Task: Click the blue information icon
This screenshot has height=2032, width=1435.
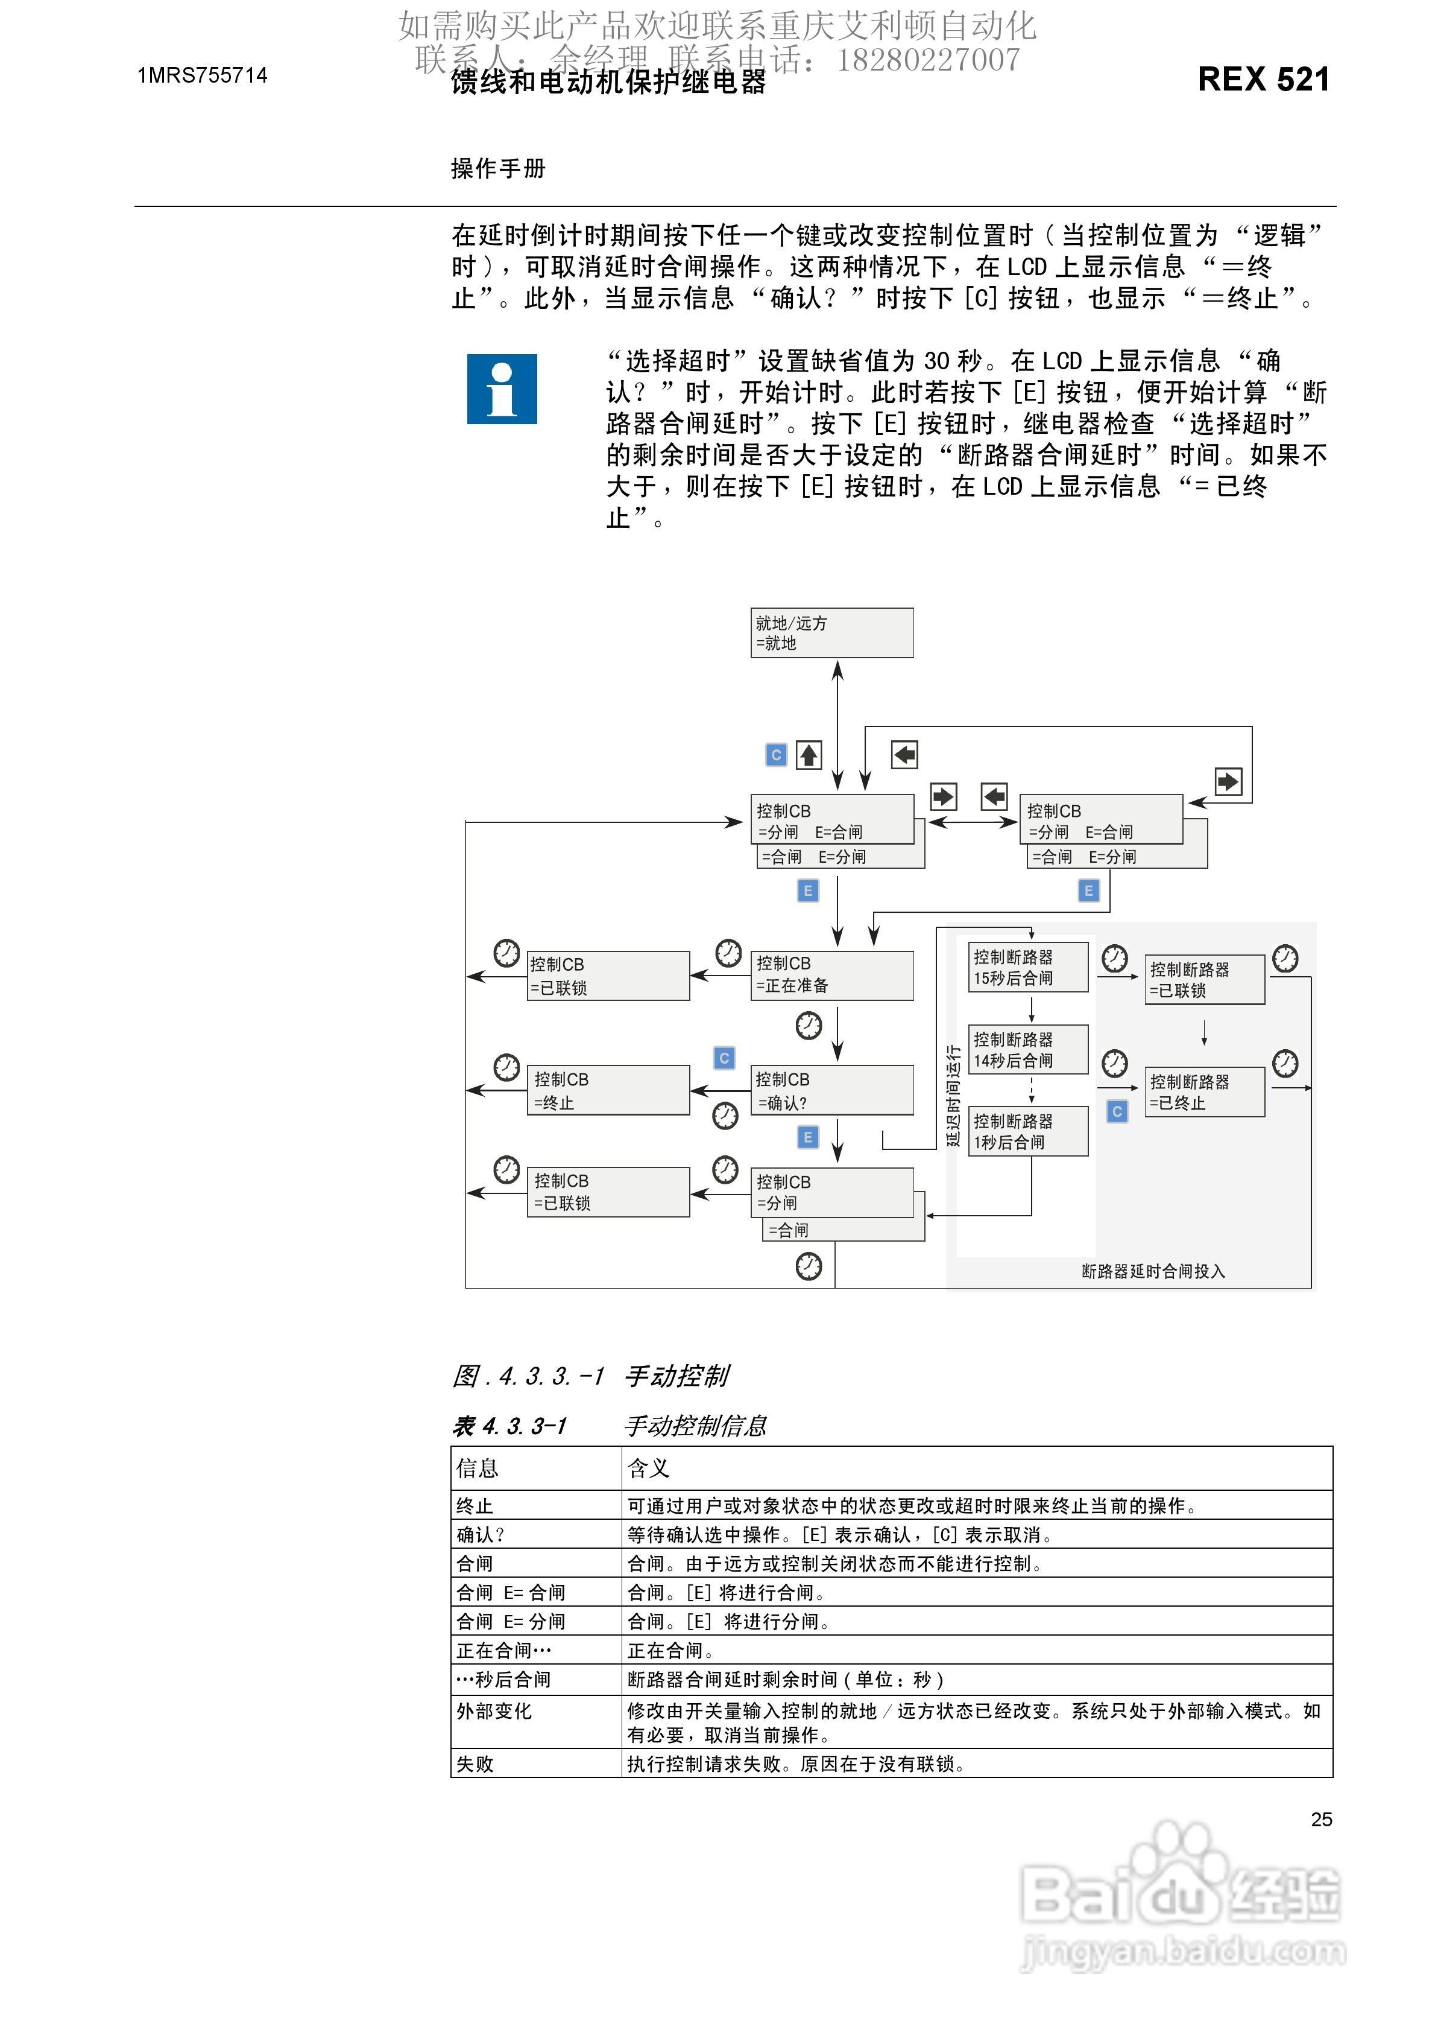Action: pos(502,389)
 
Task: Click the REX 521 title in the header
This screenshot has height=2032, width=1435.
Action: pos(1263,80)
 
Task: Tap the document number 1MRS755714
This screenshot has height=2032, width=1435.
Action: pos(203,76)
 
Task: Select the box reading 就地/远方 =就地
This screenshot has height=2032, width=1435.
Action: pos(831,633)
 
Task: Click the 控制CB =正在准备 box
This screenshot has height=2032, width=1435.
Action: pos(831,976)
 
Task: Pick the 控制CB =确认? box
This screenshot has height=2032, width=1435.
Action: pos(831,1090)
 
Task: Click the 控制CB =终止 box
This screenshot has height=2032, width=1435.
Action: pos(608,1090)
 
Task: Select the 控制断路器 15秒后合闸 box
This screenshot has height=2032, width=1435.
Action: pos(1028,967)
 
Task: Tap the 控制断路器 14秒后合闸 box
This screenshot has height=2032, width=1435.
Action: pos(1028,1050)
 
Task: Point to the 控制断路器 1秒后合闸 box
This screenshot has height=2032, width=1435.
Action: pos(1028,1131)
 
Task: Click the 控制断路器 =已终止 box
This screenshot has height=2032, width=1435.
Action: pos(1204,1092)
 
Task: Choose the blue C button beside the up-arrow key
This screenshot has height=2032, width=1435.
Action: pos(776,755)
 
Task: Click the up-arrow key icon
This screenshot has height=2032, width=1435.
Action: pos(809,755)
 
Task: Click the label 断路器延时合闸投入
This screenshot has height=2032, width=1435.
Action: pos(1153,1271)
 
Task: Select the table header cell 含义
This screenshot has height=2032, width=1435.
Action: pos(649,1469)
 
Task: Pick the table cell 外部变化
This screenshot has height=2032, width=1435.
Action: pos(494,1712)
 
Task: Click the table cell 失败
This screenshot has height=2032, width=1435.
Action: pos(475,1764)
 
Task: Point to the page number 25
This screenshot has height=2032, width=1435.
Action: pos(1321,1820)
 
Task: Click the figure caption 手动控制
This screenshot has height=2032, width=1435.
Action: pos(677,1376)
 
